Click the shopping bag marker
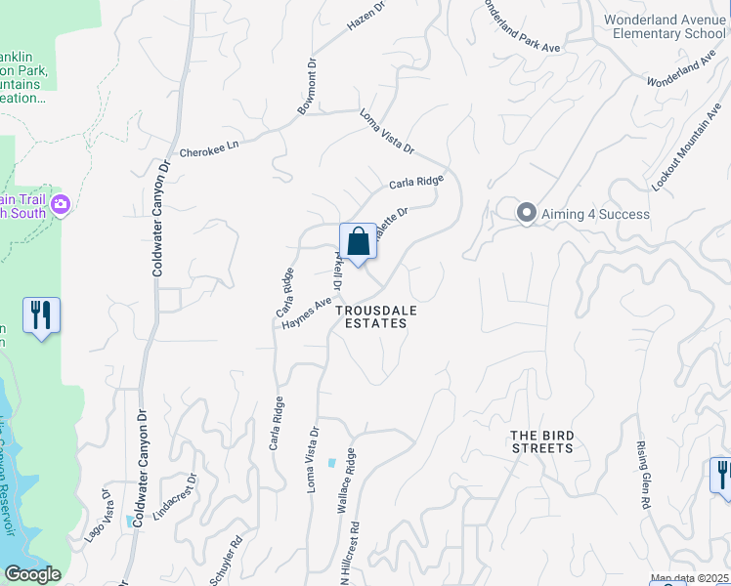[x=358, y=242]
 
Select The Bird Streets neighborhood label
[x=542, y=441]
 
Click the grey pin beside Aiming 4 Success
[x=527, y=213]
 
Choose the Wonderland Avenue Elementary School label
[x=665, y=26]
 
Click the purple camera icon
[x=62, y=204]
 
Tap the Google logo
[x=32, y=575]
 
